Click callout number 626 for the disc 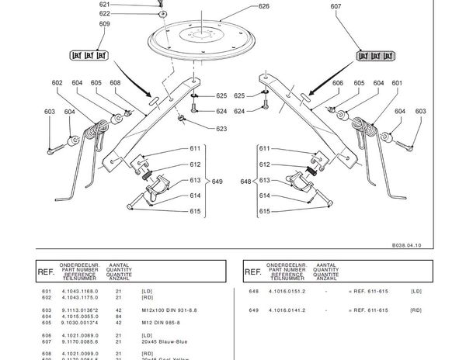[264, 6]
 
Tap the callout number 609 [105, 24]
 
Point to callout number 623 [221, 129]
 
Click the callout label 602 [57, 83]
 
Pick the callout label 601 [397, 83]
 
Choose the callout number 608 [115, 83]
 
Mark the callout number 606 [338, 83]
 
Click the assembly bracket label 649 [217, 181]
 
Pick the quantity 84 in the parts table [117, 316]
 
